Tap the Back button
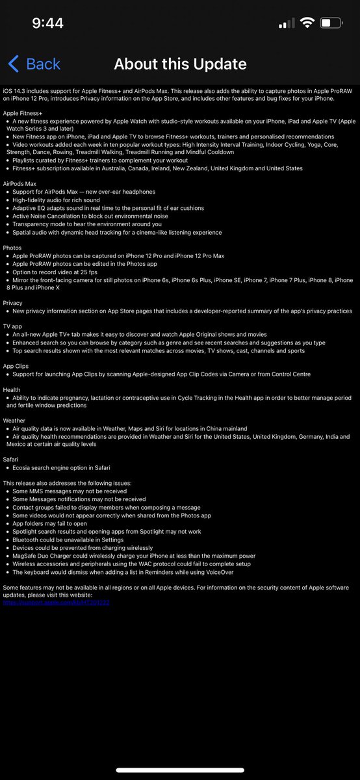34,64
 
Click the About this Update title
180,64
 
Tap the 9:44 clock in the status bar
47,23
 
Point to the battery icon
330,23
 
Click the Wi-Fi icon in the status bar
307,23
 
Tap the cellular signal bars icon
286,24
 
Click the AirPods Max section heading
20,184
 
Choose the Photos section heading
12,248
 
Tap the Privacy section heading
12,303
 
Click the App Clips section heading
16,366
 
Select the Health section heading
11,389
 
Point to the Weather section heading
14,421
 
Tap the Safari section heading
11,459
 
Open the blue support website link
57,603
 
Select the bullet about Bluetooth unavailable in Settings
68,539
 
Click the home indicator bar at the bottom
180,770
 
